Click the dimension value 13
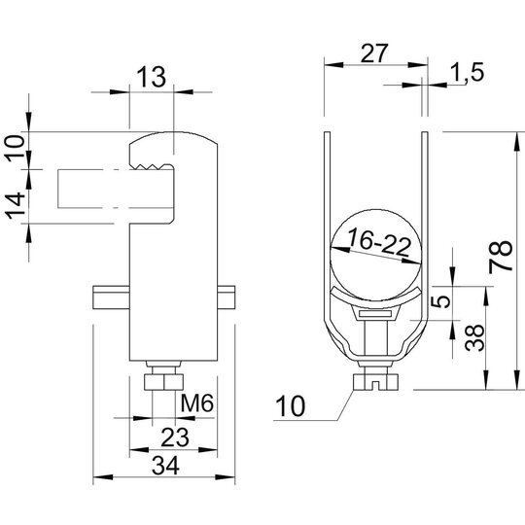(152, 77)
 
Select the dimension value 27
(374, 52)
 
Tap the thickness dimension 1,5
(468, 72)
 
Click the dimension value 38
(474, 337)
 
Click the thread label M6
(196, 402)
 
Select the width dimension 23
(175, 437)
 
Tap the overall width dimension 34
(165, 466)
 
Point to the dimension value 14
(17, 205)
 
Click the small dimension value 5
(444, 301)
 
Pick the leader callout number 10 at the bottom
(290, 406)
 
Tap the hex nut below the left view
(163, 382)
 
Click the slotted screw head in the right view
(375, 382)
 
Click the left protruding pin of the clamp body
(111, 297)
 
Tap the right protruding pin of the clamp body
(227, 297)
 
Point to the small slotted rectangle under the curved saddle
(375, 314)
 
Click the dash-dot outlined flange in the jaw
(116, 189)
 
